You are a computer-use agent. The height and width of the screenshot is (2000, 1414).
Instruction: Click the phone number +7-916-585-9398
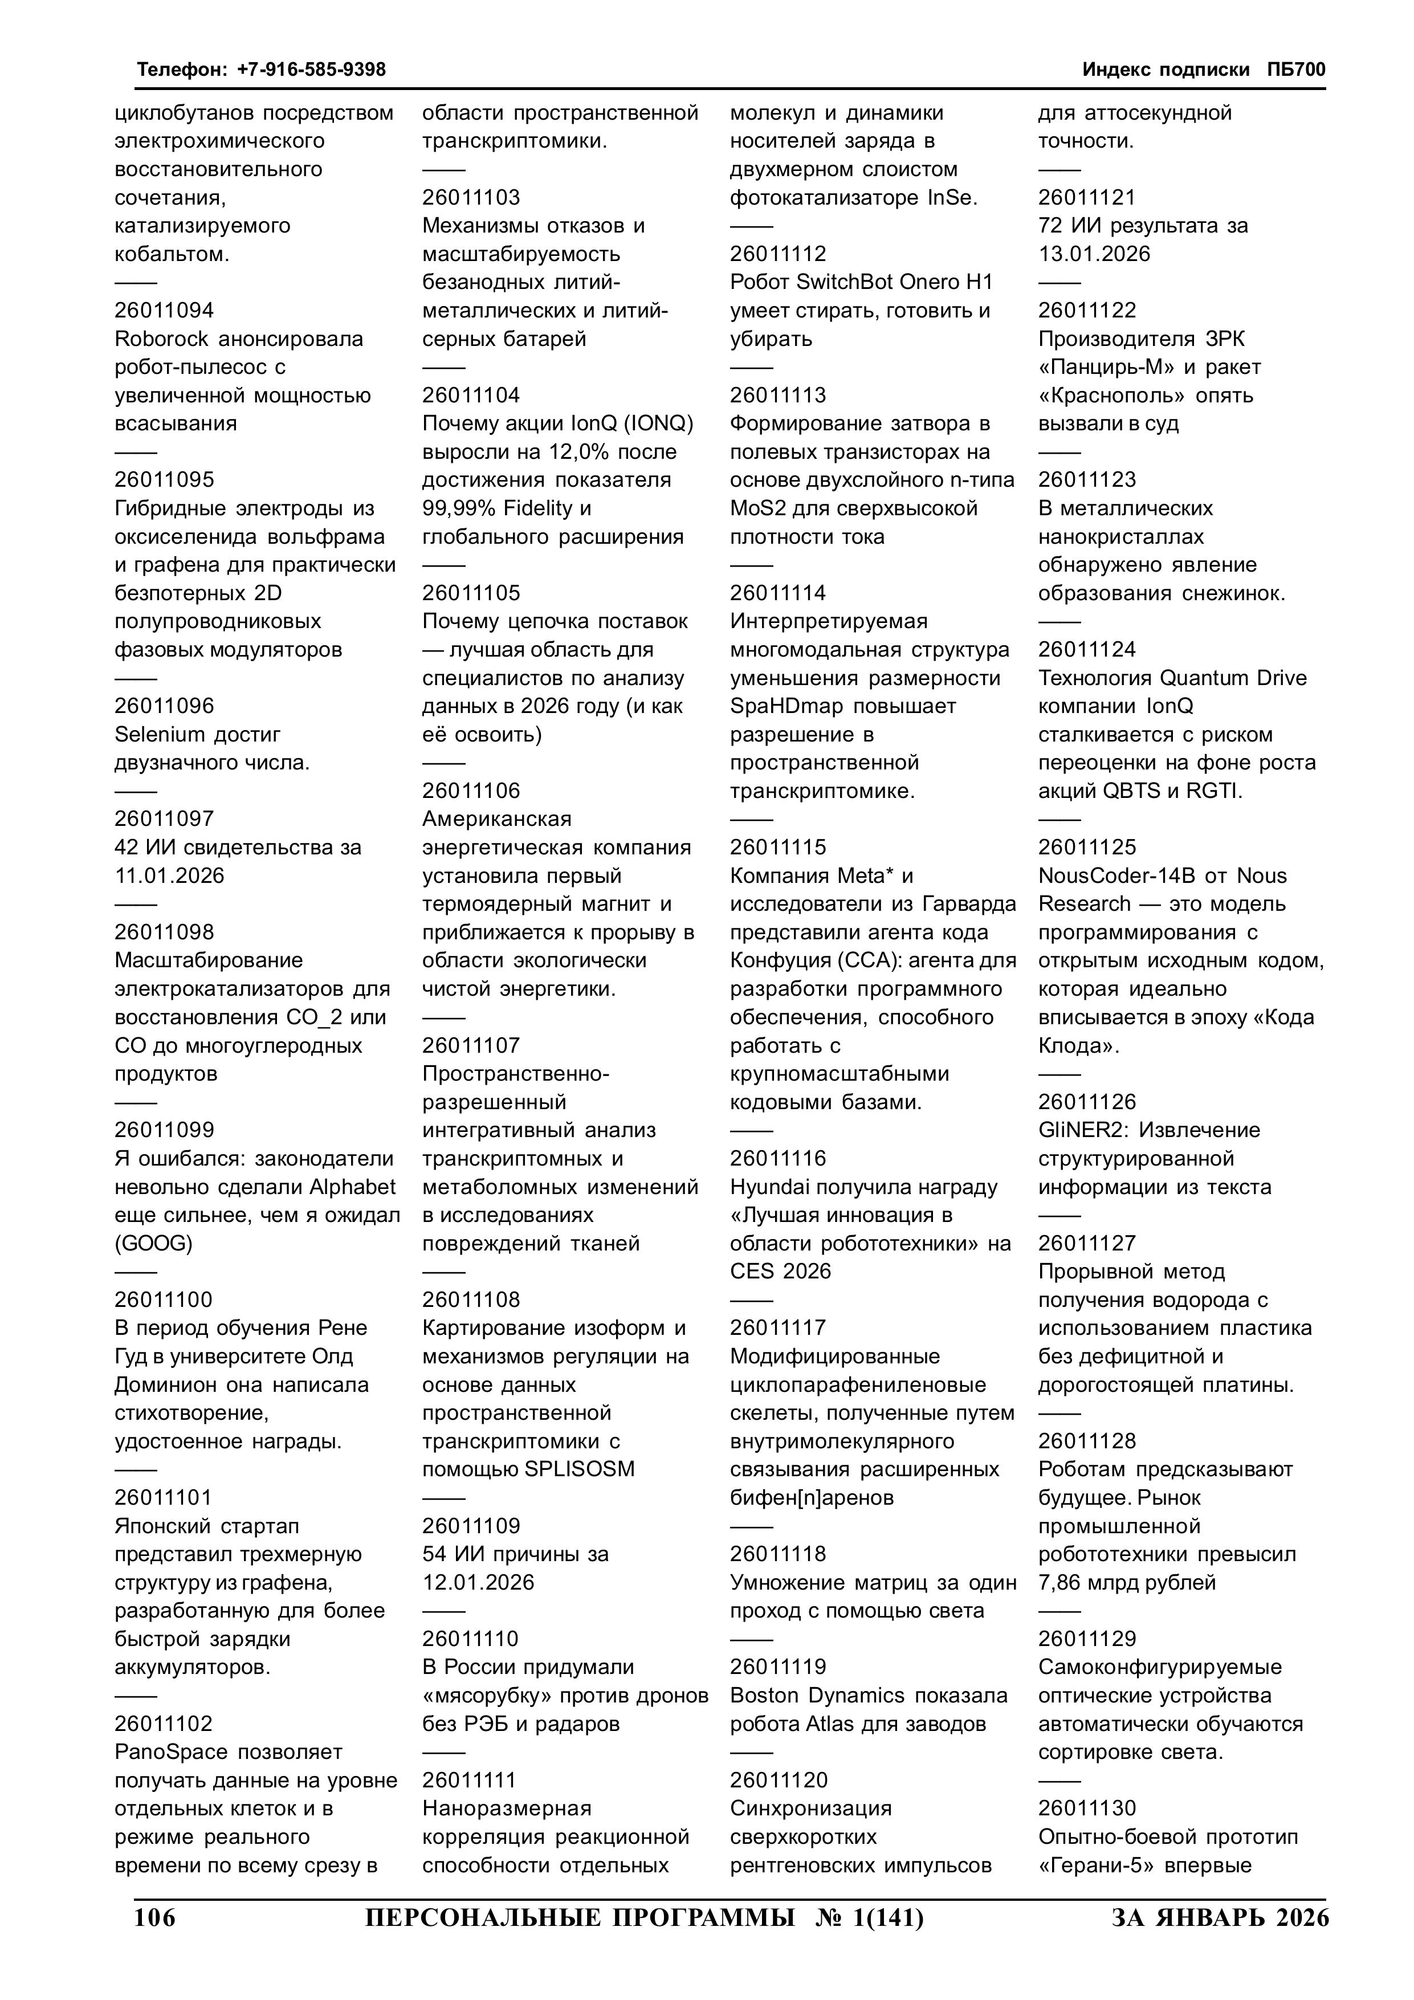point(311,70)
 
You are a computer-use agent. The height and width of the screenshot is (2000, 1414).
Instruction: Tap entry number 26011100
point(164,1300)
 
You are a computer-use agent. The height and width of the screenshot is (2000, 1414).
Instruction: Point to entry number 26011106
point(471,791)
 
